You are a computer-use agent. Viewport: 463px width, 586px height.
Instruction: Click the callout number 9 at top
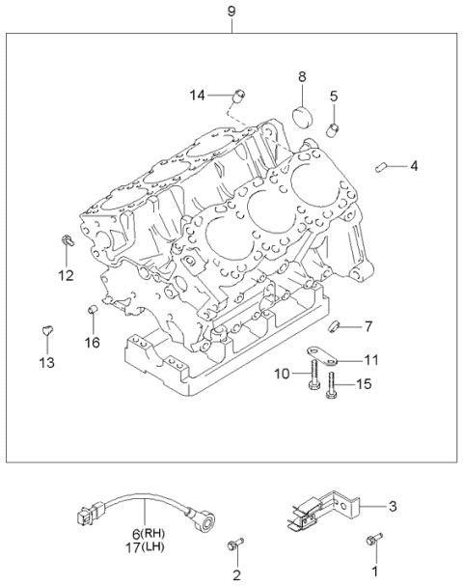pyautogui.click(x=231, y=11)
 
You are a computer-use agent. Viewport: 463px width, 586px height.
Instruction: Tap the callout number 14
pyautogui.click(x=198, y=94)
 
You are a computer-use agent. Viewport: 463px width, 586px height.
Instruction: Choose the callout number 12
pyautogui.click(x=66, y=276)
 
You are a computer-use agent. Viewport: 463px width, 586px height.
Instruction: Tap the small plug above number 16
pyautogui.click(x=92, y=309)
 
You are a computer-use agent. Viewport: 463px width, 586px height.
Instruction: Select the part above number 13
pyautogui.click(x=46, y=333)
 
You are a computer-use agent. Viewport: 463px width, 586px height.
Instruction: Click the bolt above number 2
pyautogui.click(x=232, y=546)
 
